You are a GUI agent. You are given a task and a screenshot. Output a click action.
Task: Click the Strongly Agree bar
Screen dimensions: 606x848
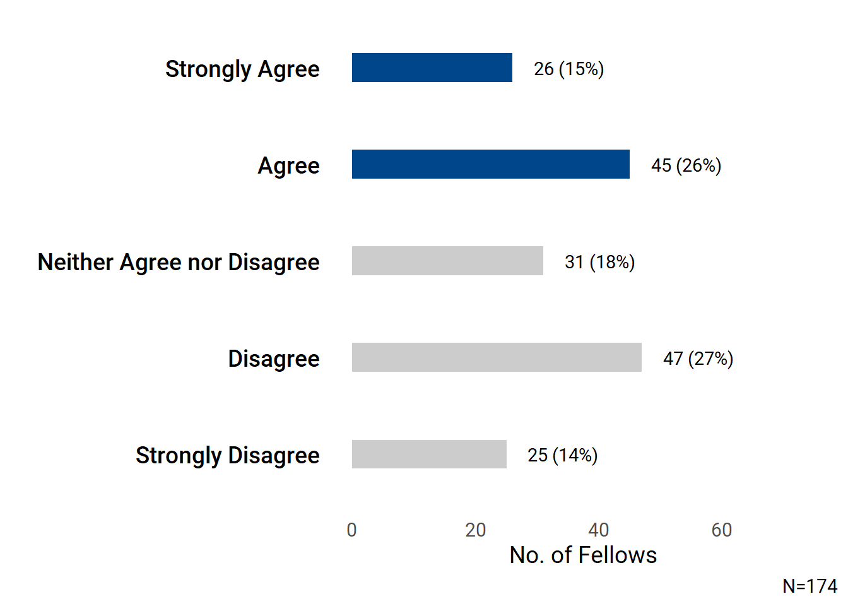pyautogui.click(x=432, y=68)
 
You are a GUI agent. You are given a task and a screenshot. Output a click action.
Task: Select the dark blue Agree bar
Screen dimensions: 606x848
pyautogui.click(x=490, y=164)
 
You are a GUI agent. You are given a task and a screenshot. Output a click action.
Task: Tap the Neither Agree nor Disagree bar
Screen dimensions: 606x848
pyautogui.click(x=447, y=261)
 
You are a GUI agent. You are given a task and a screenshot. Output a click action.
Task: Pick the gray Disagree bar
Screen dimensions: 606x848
pyautogui.click(x=497, y=357)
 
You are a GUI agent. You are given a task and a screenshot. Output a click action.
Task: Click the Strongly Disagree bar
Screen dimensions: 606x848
pyautogui.click(x=429, y=454)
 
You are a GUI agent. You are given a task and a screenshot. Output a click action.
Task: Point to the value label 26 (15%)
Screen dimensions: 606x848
pyautogui.click(x=568, y=69)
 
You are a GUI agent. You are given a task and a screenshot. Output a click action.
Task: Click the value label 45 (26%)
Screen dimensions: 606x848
pyautogui.click(x=686, y=165)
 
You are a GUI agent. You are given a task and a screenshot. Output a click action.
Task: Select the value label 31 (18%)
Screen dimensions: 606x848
pyautogui.click(x=599, y=262)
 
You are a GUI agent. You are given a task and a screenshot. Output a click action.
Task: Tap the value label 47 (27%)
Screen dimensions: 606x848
pyautogui.click(x=698, y=359)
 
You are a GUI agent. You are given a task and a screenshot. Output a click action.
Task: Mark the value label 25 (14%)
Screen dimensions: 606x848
pyautogui.click(x=562, y=455)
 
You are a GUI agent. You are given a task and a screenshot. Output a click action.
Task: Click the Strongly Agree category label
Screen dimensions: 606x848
pyautogui.click(x=242, y=69)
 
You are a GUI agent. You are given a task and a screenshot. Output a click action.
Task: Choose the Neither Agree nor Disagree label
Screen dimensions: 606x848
pyautogui.click(x=179, y=262)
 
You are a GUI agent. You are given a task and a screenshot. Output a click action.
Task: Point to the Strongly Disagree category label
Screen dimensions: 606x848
pyautogui.click(x=227, y=455)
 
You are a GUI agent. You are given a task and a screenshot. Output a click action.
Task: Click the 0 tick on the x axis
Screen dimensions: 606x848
pyautogui.click(x=351, y=530)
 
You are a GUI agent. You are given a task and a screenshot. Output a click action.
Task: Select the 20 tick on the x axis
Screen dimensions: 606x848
pyautogui.click(x=475, y=530)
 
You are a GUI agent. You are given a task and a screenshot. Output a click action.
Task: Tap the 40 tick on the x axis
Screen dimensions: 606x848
pyautogui.click(x=598, y=530)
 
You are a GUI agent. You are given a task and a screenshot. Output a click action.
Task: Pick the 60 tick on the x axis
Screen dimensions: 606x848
pyautogui.click(x=721, y=530)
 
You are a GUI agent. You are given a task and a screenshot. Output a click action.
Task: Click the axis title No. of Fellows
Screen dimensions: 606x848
pyautogui.click(x=583, y=555)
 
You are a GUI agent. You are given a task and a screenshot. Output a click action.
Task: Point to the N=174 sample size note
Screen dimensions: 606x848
pyautogui.click(x=810, y=586)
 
